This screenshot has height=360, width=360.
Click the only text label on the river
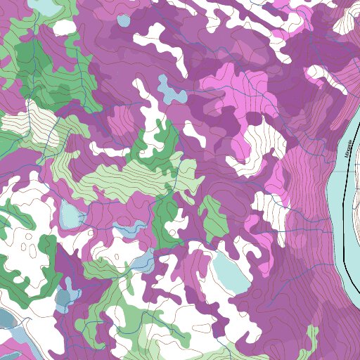346,149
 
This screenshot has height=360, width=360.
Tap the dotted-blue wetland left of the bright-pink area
169,89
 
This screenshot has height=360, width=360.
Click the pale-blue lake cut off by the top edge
42,6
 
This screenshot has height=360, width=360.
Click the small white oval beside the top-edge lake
65,27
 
